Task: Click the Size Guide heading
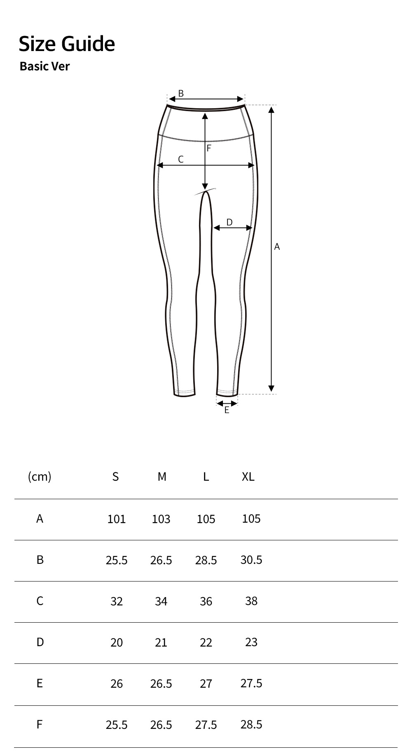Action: point(67,44)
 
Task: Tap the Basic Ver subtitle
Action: point(44,66)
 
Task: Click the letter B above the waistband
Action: point(181,94)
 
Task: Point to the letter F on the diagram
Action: point(209,148)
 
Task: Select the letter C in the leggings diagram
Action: point(180,159)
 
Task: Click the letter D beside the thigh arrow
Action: point(229,222)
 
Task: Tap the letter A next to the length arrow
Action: point(277,247)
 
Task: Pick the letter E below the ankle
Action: point(227,410)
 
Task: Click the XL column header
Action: point(248,477)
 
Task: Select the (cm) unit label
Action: point(40,477)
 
